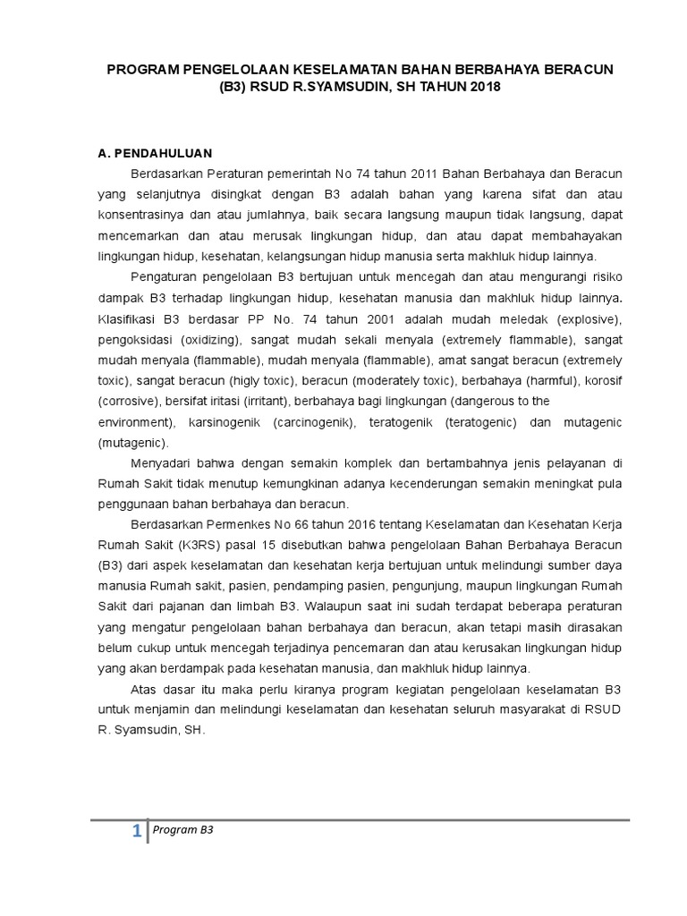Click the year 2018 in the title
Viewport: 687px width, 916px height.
[482, 88]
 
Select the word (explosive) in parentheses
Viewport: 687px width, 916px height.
[587, 318]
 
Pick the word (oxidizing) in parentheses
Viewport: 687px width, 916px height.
[209, 340]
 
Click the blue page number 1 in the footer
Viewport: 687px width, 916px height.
[136, 833]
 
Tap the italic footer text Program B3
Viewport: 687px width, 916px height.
[183, 829]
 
